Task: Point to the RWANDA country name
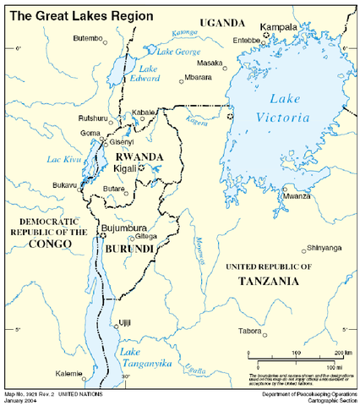pyautogui.click(x=138, y=156)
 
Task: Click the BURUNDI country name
pyautogui.click(x=128, y=250)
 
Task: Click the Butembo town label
pyautogui.click(x=88, y=38)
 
